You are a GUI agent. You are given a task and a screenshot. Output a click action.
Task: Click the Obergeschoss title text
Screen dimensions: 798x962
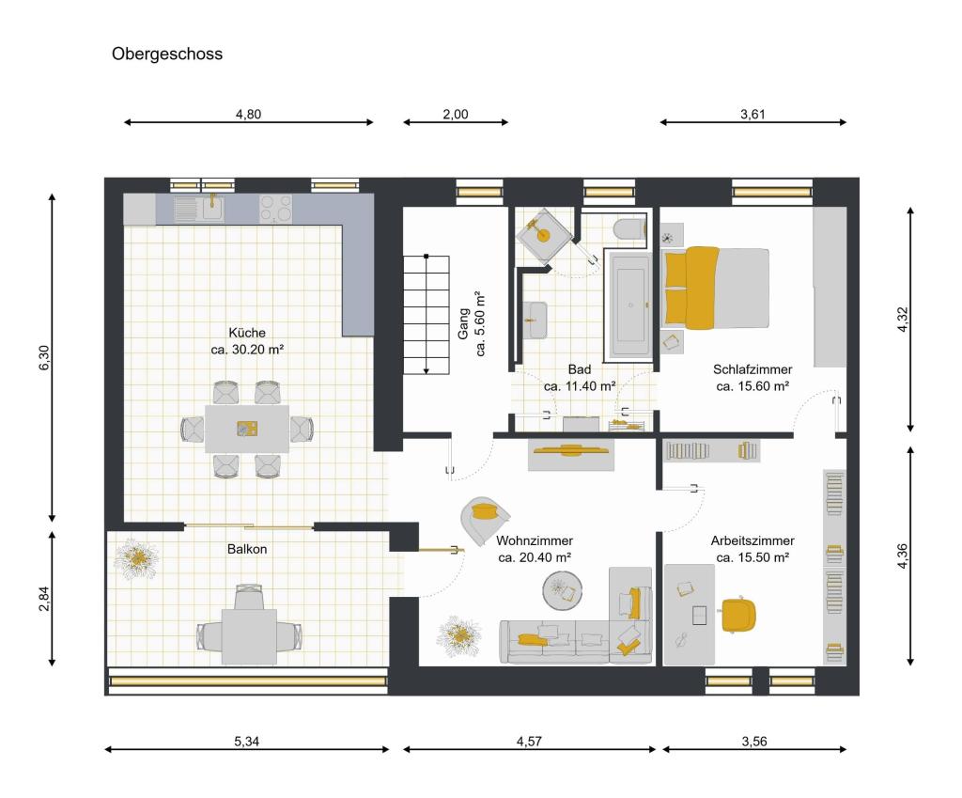(x=167, y=55)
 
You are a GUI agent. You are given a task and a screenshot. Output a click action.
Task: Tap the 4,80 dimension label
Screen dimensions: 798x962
(x=247, y=115)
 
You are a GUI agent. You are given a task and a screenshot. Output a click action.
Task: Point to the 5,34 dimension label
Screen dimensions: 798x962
(x=246, y=742)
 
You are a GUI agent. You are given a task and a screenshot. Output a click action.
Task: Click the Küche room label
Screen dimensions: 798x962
(x=247, y=333)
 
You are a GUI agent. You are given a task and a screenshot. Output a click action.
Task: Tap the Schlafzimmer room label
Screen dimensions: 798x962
(x=752, y=369)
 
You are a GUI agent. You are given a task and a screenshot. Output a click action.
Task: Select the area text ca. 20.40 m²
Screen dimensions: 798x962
(x=535, y=557)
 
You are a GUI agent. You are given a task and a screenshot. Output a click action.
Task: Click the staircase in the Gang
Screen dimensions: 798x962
(x=427, y=314)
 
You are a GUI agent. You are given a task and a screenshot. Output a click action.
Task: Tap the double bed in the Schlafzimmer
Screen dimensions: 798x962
(x=716, y=289)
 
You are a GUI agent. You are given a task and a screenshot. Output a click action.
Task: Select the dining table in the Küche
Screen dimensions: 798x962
(x=247, y=430)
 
